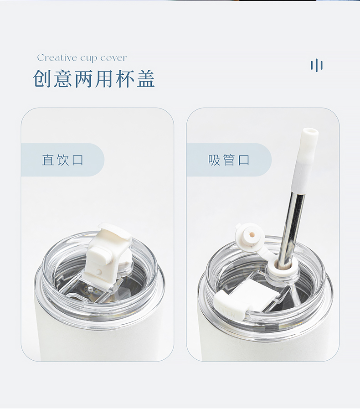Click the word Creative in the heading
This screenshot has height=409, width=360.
[57, 57]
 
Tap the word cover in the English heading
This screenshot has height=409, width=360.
[113, 58]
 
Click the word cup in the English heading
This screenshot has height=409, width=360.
[88, 59]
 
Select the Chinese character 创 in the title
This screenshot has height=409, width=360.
[42, 78]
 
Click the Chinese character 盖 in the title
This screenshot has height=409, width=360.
[146, 78]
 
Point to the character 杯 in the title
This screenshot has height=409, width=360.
[125, 78]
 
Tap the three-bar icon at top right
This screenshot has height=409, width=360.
[316, 65]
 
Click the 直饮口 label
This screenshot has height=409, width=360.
[63, 160]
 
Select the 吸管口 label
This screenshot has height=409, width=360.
[229, 160]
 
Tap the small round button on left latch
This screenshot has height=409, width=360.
[98, 272]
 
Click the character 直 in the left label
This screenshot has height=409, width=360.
[48, 160]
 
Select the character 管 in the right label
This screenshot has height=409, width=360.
[229, 160]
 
